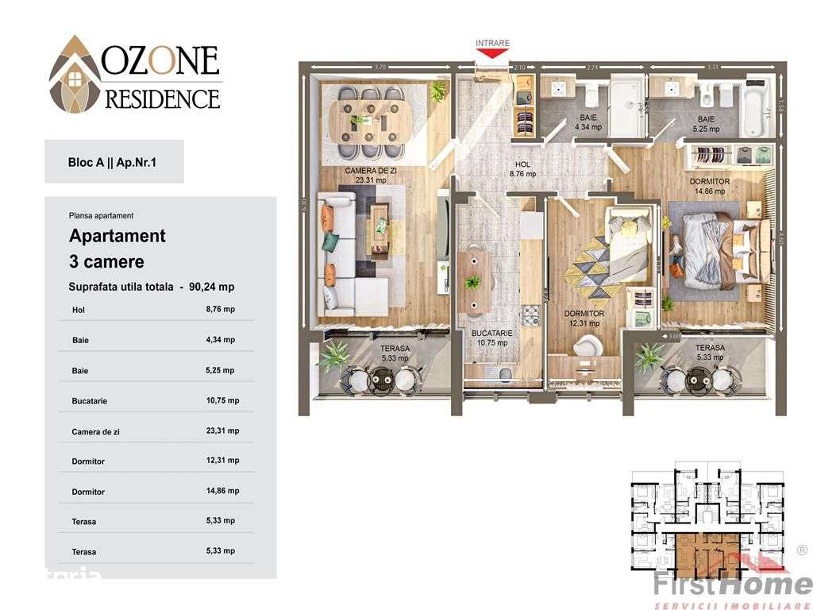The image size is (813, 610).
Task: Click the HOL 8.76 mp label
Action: pyautogui.click(x=521, y=169)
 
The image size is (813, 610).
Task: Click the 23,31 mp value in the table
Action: pyautogui.click(x=222, y=430)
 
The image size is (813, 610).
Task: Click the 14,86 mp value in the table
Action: pyautogui.click(x=222, y=491)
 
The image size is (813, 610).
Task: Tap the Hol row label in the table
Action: pyautogui.click(x=78, y=310)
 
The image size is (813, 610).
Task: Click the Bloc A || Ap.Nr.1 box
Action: pyautogui.click(x=114, y=161)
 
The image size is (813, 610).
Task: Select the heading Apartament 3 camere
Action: pyautogui.click(x=118, y=248)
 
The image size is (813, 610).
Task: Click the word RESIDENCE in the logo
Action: pyautogui.click(x=162, y=99)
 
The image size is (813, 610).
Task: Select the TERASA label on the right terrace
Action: pyautogui.click(x=709, y=348)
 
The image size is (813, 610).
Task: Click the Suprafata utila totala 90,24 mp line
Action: pyautogui.click(x=152, y=287)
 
